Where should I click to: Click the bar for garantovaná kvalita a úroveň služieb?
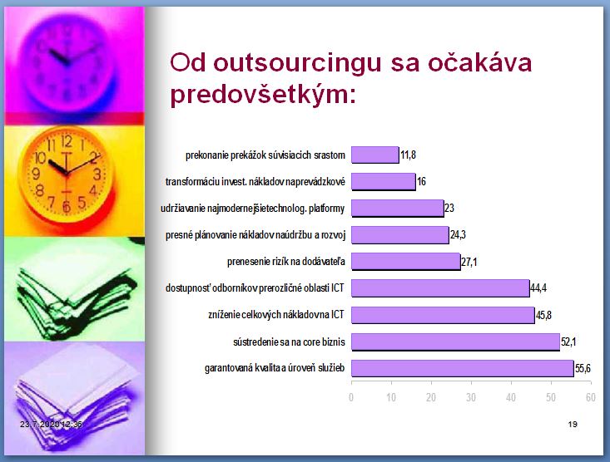(463, 368)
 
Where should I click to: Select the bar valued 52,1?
(455, 342)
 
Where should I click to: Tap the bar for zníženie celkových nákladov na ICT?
(443, 315)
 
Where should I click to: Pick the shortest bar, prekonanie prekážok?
(375, 155)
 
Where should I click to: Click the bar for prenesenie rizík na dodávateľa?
(406, 262)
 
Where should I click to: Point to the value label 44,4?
(538, 288)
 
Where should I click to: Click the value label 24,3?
(458, 234)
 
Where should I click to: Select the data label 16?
(421, 181)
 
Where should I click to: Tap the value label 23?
(449, 209)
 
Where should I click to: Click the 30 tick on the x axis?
(471, 397)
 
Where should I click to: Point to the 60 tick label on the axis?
(591, 397)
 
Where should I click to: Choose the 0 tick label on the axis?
(351, 397)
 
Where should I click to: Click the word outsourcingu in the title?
(297, 63)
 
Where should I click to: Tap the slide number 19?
(573, 424)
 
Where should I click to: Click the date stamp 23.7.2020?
(38, 424)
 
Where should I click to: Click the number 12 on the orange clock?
(67, 142)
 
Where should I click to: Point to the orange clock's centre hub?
(67, 174)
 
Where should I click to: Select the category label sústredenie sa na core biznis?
(289, 342)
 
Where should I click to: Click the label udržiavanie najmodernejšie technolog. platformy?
(252, 209)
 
